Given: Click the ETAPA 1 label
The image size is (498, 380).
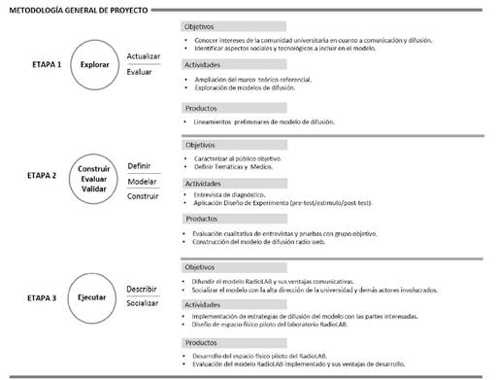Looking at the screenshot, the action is [48, 65].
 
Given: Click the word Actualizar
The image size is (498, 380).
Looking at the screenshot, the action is [145, 56].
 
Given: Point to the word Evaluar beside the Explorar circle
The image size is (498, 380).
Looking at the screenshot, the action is [141, 73].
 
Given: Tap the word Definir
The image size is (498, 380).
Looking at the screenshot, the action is [140, 166].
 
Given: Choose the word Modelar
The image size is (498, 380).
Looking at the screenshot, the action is [142, 182].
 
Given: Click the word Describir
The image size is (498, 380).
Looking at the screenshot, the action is [143, 288].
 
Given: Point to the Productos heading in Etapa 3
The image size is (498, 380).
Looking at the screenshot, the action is [201, 342].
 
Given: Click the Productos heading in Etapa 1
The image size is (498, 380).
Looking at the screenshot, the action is [201, 108].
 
